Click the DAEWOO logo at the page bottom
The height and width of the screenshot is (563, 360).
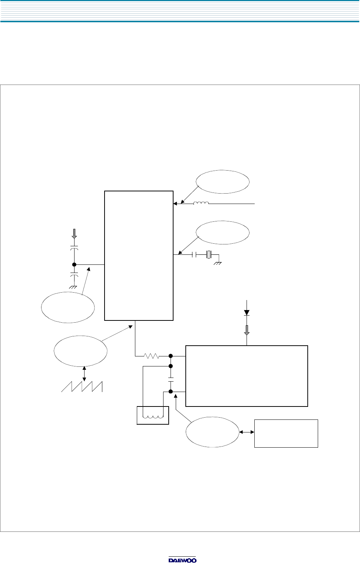click(182, 560)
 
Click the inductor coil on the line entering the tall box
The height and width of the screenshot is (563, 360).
click(201, 203)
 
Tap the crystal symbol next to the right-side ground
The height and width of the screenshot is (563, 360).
click(209, 255)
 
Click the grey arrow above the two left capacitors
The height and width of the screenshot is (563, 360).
click(74, 234)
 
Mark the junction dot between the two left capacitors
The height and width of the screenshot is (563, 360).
click(74, 264)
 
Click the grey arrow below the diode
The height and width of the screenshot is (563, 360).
click(247, 330)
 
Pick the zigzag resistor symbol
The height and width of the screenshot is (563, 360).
click(151, 356)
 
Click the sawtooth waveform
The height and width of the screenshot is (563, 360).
click(82, 386)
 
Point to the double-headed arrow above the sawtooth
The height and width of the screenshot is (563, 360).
click(84, 373)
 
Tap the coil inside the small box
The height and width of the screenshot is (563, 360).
click(153, 417)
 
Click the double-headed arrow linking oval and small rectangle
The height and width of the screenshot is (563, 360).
click(247, 432)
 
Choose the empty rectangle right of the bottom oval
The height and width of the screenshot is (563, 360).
click(286, 433)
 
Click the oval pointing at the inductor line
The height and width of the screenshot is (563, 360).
click(222, 182)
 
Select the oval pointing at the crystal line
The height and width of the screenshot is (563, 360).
click(222, 233)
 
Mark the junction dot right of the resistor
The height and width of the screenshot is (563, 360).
click(171, 356)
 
